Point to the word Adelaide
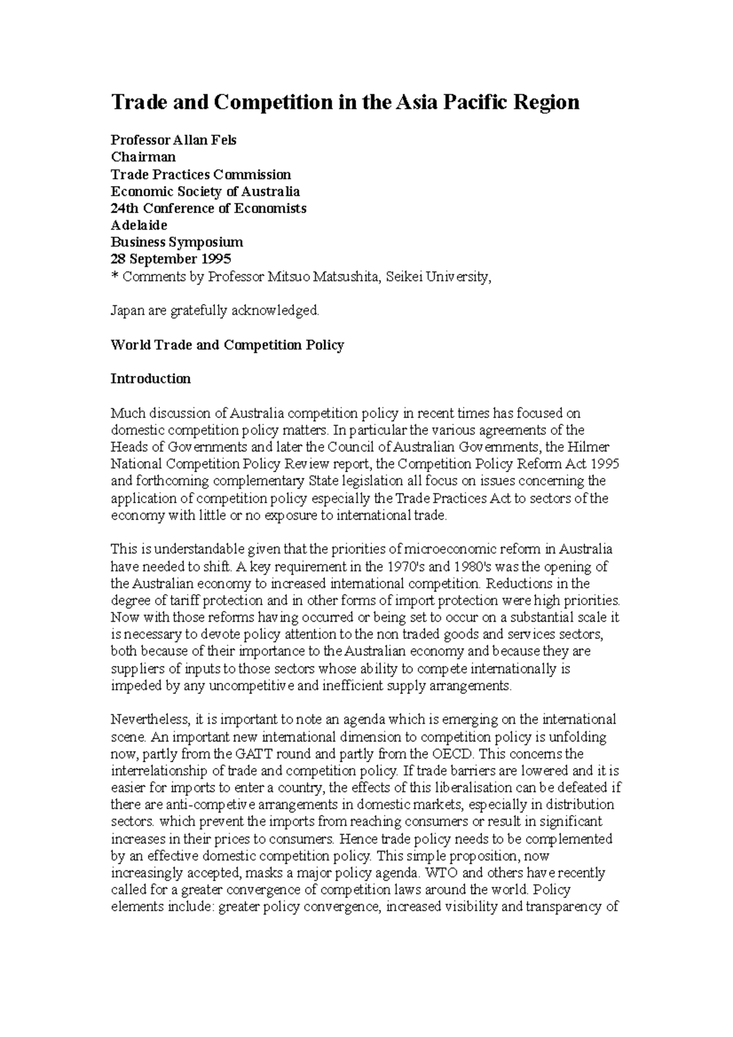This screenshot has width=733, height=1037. [x=139, y=225]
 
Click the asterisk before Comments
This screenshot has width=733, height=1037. [x=114, y=277]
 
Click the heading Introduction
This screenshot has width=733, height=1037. [x=150, y=379]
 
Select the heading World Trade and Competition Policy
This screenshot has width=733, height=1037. [x=227, y=345]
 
